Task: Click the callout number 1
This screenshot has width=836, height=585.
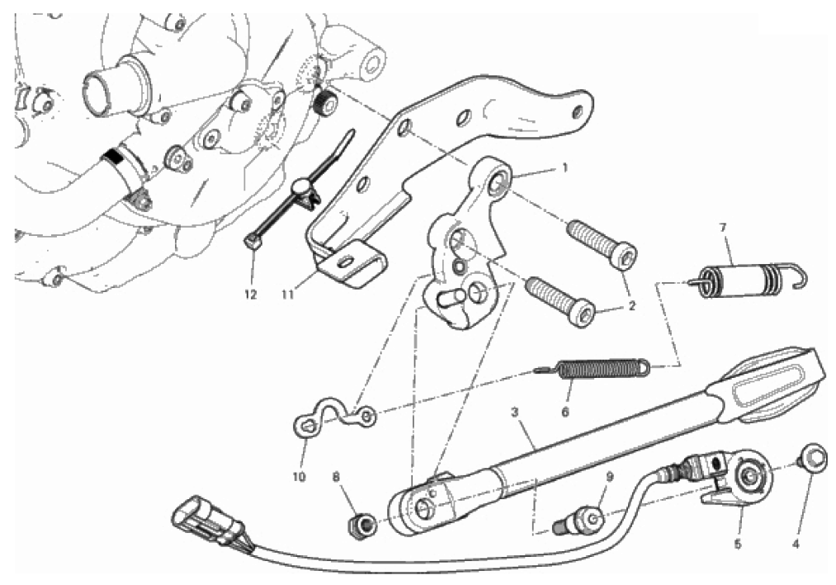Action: click(565, 167)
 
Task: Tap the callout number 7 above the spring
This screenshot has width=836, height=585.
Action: click(723, 228)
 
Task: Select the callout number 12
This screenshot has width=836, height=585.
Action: click(251, 295)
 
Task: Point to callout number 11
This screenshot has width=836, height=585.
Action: click(288, 295)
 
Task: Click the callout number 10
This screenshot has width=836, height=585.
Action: click(299, 476)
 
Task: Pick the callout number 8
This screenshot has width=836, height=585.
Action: click(336, 476)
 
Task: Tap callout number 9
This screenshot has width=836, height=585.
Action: click(610, 476)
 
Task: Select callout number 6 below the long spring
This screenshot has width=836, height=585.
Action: click(565, 412)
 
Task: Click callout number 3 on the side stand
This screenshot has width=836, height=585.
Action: click(514, 412)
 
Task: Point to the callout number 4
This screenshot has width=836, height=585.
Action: click(796, 545)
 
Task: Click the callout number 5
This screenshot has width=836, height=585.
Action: click(738, 545)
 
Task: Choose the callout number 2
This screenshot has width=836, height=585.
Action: click(632, 307)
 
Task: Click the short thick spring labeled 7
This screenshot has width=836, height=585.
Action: click(747, 276)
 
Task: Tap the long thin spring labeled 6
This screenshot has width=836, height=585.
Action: click(593, 368)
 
